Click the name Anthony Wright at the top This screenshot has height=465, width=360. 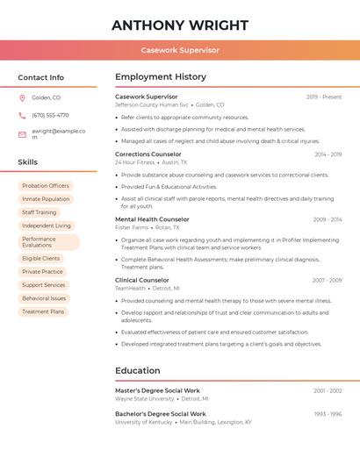[180, 25]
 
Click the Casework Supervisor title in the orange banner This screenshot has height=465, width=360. [180, 50]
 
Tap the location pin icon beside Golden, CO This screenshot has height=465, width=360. [22, 97]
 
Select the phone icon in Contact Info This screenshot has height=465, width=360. [22, 115]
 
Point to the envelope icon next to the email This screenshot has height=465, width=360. [22, 134]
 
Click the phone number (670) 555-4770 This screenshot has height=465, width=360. [50, 115]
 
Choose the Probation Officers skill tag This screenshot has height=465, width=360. [46, 186]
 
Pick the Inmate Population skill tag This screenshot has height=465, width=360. [46, 199]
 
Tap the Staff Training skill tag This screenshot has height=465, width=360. [40, 212]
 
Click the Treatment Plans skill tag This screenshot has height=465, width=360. [43, 311]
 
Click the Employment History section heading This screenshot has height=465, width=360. [161, 77]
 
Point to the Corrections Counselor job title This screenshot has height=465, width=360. [148, 154]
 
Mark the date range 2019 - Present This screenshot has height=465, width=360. [324, 97]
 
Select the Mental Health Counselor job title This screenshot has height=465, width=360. [152, 219]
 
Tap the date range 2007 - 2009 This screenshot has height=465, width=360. [327, 281]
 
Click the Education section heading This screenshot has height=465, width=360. [138, 370]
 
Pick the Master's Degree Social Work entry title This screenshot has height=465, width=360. [157, 390]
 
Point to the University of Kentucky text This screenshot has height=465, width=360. [143, 422]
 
